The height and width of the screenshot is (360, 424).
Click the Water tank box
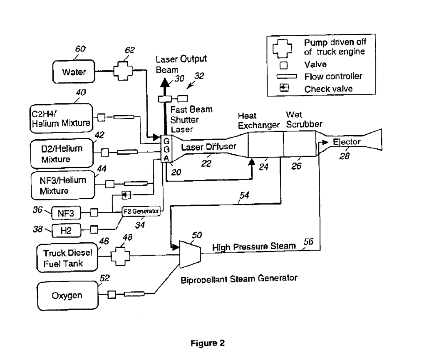pos(74,72)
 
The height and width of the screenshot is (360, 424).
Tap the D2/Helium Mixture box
pos(62,152)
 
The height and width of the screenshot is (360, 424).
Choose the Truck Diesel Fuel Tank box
pos(66,257)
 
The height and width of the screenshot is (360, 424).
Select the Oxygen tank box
pos(68,295)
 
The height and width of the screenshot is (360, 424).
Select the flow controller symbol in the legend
pos(285,76)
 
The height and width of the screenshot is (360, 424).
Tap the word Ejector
pos(347,142)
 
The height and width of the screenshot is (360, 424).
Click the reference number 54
pos(245,195)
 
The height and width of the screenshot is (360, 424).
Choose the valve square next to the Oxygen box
pos(111,295)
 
